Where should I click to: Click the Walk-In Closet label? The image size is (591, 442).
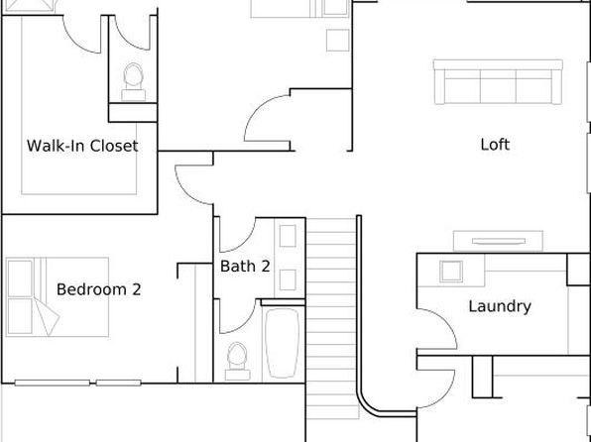(x=82, y=146)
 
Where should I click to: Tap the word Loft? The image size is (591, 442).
(x=495, y=145)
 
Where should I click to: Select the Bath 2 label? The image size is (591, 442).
(x=245, y=266)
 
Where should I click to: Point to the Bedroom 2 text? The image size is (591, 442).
(x=99, y=289)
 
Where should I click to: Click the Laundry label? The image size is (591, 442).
(x=500, y=306)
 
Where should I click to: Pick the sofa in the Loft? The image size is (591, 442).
(x=498, y=82)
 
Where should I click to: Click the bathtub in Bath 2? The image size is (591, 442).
(x=283, y=343)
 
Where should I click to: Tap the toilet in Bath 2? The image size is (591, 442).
(x=237, y=361)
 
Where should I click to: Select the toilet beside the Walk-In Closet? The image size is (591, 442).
(x=134, y=82)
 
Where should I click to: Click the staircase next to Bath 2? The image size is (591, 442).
(x=331, y=318)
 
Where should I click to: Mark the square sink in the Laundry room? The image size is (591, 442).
(x=451, y=272)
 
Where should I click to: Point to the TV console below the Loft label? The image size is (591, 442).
(x=498, y=241)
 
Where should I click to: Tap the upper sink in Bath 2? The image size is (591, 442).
(x=288, y=236)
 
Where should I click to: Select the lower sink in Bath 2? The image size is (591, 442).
(x=288, y=280)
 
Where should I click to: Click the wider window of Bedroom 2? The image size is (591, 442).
(x=52, y=383)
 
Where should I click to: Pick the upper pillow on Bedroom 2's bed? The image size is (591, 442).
(x=20, y=278)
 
